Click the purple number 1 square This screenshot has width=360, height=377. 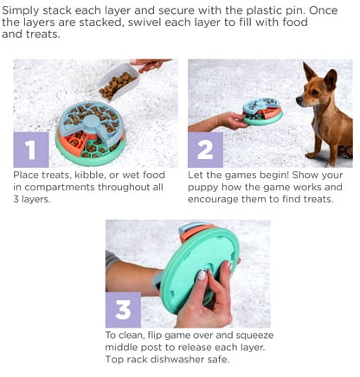31,150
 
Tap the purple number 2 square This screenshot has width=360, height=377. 205,150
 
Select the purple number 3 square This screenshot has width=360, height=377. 123,310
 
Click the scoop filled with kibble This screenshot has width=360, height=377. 119,82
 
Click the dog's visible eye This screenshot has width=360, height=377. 314,92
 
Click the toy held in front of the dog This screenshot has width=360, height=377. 262,112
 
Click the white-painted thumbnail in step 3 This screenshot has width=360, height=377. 202,275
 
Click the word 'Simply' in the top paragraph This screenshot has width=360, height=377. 21,11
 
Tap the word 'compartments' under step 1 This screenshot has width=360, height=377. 60,188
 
